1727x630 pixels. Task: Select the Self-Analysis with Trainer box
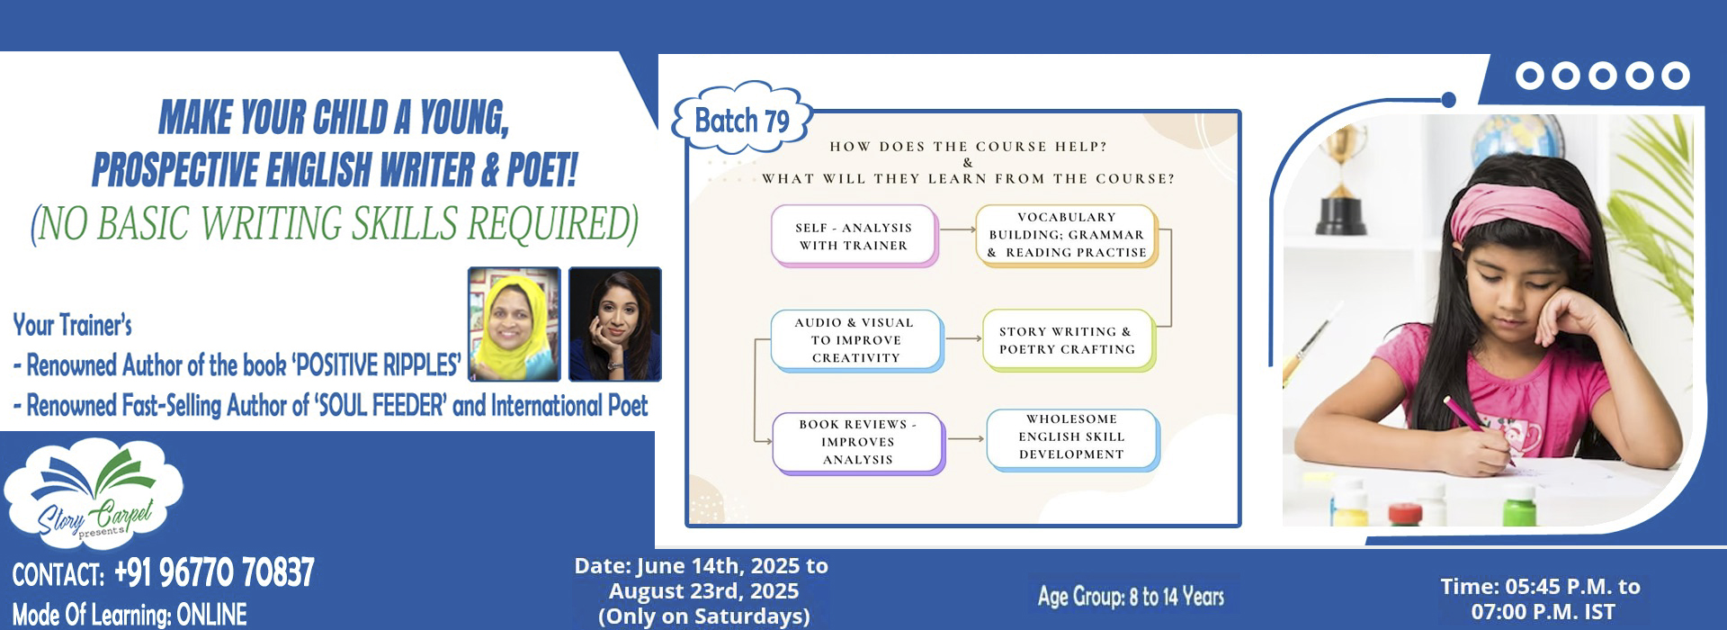point(854,236)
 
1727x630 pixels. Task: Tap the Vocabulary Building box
point(1067,235)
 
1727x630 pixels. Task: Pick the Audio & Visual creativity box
point(856,340)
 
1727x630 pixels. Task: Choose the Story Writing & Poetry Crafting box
point(1069,340)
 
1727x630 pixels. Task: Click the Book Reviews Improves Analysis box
point(858,442)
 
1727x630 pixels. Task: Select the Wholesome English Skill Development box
point(1072,439)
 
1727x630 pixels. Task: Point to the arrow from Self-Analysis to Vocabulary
point(958,229)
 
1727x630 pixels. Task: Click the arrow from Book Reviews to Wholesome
point(966,439)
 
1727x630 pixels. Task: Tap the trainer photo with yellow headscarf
point(515,324)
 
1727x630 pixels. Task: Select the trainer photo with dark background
point(615,324)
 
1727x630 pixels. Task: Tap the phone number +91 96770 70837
point(214,573)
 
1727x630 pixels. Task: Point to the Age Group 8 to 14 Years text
point(1131,596)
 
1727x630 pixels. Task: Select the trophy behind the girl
point(1342,180)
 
